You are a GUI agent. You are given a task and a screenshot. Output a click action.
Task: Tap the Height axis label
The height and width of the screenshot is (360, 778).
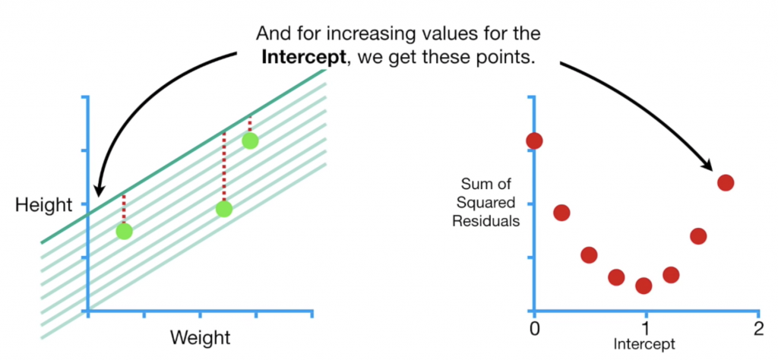[x=43, y=205]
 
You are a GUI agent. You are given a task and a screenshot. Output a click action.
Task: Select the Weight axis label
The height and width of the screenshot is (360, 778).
[x=200, y=336]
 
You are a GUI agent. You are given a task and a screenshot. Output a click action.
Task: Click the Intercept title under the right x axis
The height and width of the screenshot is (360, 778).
[x=644, y=344]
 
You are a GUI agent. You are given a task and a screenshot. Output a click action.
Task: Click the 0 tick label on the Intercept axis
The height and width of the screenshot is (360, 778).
[x=534, y=330]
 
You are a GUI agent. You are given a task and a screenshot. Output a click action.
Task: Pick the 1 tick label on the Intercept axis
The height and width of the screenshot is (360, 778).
[x=645, y=330]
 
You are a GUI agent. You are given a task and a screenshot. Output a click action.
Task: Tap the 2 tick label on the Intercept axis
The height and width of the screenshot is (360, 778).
[x=757, y=330]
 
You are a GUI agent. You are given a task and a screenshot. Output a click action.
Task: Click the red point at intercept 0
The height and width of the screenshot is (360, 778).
[x=534, y=141]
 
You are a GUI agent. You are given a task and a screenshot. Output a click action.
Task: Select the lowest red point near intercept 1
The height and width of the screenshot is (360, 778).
[x=644, y=286]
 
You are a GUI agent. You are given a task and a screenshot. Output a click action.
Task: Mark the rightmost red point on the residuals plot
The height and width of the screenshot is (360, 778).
[x=726, y=182]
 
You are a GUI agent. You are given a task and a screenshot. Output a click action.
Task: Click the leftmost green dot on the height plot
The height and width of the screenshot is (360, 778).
[x=124, y=231]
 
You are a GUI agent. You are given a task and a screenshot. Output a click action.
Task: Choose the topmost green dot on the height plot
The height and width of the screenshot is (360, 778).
[x=250, y=141]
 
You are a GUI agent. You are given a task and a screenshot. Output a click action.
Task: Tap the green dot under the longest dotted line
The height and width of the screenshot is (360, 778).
[x=223, y=209]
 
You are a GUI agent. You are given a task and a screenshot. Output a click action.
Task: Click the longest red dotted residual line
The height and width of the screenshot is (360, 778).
[x=223, y=167]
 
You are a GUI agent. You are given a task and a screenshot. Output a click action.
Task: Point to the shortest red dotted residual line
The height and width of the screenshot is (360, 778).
[x=250, y=125]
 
